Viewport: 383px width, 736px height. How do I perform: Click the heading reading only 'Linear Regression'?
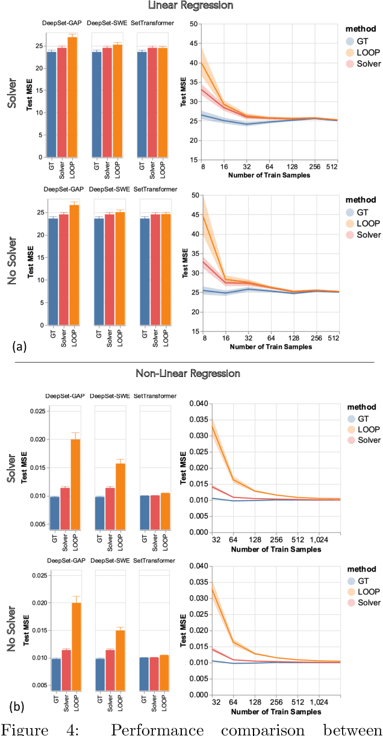click(191, 5)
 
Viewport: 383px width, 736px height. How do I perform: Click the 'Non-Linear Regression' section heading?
click(191, 373)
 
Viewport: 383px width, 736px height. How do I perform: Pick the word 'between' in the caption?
click(351, 728)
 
